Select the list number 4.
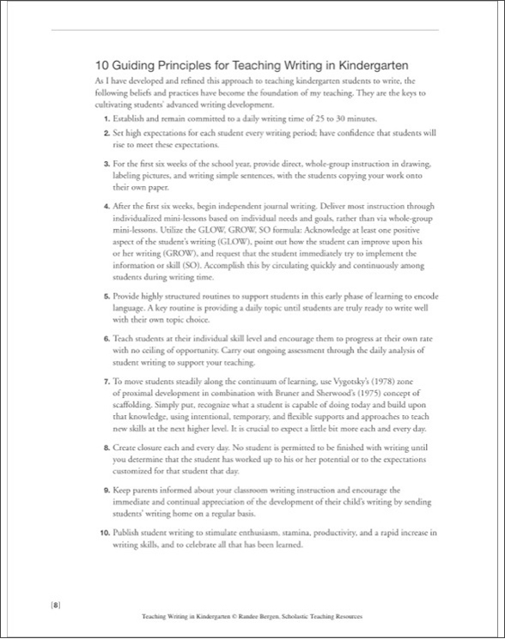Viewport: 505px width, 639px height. [106, 208]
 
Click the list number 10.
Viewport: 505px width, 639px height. [104, 533]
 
